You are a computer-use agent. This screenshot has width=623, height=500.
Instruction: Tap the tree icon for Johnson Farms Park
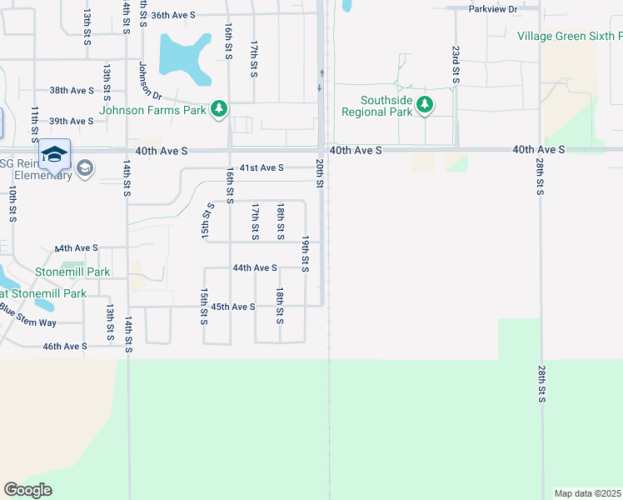(x=218, y=109)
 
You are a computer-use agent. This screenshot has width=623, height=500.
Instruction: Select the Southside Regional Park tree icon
(x=425, y=105)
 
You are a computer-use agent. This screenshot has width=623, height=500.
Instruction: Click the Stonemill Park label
(x=72, y=272)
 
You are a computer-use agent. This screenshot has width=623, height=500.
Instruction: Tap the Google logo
(x=27, y=490)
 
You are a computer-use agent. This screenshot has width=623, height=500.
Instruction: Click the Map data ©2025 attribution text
(x=587, y=493)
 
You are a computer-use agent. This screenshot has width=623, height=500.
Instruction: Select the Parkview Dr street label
(x=493, y=9)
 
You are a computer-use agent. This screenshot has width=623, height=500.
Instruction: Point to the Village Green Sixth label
(x=569, y=36)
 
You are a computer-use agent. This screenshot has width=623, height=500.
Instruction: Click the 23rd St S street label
(x=456, y=63)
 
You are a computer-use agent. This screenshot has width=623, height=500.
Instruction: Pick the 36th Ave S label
(x=173, y=15)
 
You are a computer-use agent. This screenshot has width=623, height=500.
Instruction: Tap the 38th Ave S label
(x=70, y=90)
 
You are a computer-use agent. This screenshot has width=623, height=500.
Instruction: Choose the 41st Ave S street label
(x=262, y=167)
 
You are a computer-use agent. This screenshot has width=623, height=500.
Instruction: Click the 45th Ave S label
(x=232, y=307)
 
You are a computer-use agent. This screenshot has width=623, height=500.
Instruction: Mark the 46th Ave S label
(x=65, y=346)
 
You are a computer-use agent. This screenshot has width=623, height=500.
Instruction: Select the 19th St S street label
(x=306, y=254)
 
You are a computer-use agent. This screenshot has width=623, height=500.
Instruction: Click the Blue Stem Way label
(x=28, y=317)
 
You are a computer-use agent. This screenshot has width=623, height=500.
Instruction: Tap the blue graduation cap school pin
(x=54, y=155)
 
